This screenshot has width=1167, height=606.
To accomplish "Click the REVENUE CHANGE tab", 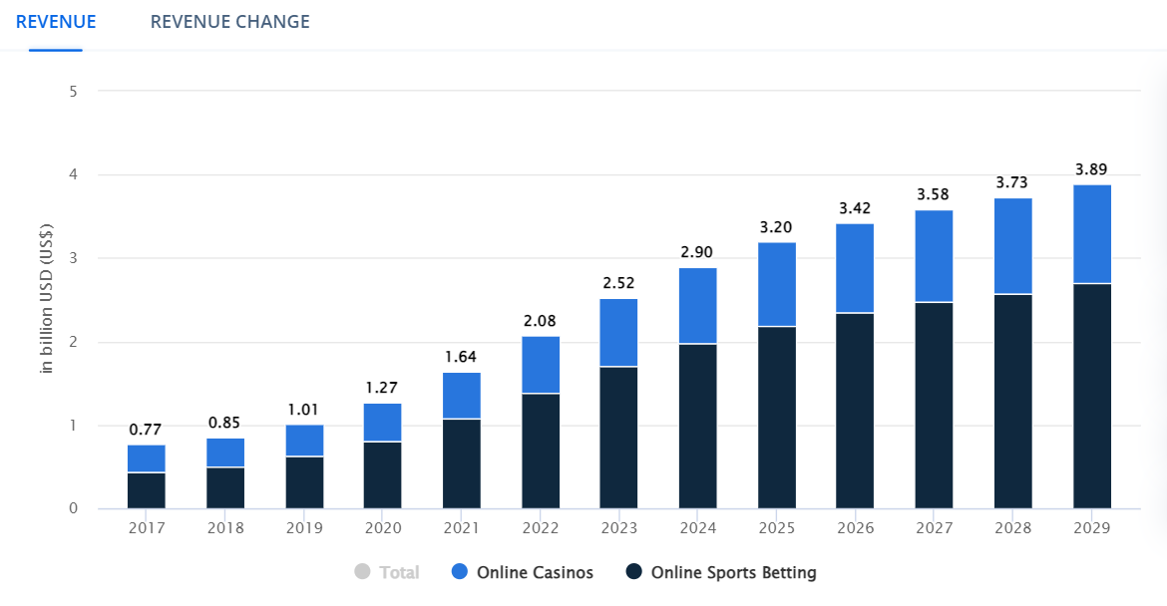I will tap(229, 22).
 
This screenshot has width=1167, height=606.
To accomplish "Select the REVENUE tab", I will tap(56, 22).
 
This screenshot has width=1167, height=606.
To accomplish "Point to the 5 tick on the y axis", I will tap(74, 92).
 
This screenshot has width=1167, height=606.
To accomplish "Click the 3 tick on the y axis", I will tap(74, 259).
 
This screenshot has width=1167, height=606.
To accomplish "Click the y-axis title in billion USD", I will tap(46, 299).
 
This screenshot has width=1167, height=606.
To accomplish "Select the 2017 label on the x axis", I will tap(147, 527).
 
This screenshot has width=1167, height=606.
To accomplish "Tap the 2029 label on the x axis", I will tap(1092, 527).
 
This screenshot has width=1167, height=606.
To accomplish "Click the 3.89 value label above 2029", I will tap(1091, 168).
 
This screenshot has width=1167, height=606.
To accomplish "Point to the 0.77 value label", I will tap(147, 430).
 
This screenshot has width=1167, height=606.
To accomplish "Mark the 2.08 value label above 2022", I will tap(540, 321).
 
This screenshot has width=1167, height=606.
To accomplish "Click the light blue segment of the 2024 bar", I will tap(697, 306).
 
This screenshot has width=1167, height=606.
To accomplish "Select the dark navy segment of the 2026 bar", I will tap(855, 411).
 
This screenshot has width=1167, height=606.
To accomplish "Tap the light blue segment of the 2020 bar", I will tap(382, 423).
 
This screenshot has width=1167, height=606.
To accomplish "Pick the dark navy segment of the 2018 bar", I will tap(225, 487).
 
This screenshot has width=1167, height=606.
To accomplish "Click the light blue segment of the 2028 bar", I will tap(1012, 246).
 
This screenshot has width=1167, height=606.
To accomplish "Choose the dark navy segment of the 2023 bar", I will tap(618, 438).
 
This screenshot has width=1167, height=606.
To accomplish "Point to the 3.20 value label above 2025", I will tap(776, 226).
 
